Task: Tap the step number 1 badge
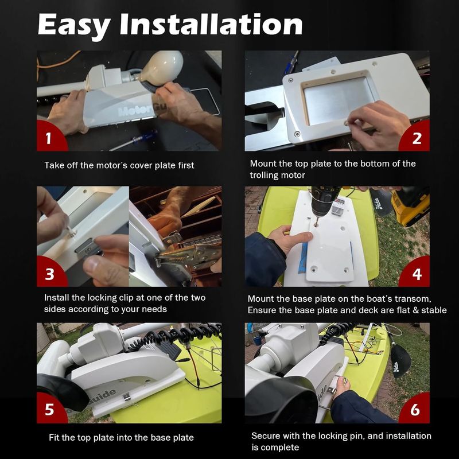pos(50,136)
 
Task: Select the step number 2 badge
pos(415,137)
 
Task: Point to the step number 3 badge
pos(51,272)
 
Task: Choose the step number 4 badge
pos(415,272)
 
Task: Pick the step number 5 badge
pos(51,409)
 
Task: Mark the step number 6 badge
pos(415,409)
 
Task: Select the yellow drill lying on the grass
pos(410,207)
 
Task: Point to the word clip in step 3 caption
pos(126,298)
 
